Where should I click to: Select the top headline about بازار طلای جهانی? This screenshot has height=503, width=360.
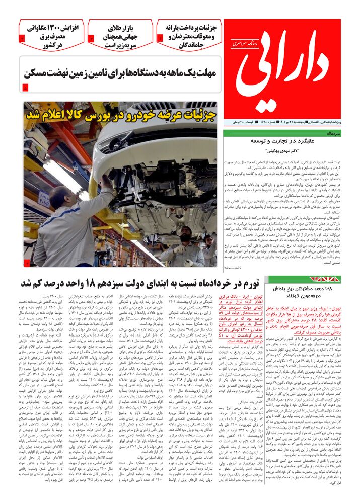point(120,35)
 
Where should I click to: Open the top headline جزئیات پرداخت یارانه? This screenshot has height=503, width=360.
point(190,35)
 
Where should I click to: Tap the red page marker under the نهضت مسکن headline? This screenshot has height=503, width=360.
point(26,88)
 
